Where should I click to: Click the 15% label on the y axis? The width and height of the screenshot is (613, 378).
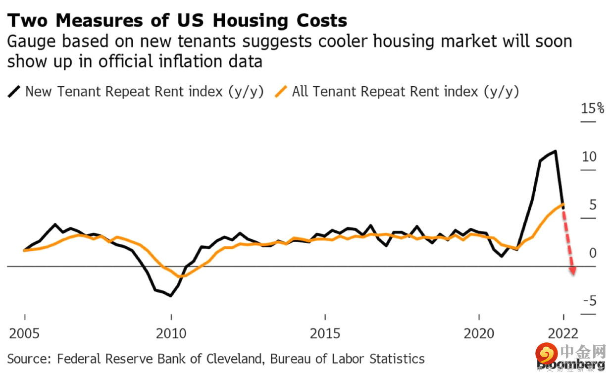click(x=593, y=108)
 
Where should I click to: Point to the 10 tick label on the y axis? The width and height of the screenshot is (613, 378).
click(x=589, y=157)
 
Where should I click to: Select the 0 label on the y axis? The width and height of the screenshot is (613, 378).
click(x=593, y=254)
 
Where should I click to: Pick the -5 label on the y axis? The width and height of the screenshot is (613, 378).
click(x=589, y=302)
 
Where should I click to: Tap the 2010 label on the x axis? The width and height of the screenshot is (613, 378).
click(x=171, y=333)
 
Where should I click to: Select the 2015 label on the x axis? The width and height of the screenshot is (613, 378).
click(x=325, y=333)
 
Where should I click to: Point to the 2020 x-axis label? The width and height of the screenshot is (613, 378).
click(x=479, y=333)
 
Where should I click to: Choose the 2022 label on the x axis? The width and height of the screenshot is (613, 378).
click(x=564, y=333)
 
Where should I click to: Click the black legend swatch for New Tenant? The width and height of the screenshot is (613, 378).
click(x=14, y=92)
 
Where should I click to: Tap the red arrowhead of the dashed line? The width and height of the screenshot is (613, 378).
click(x=573, y=271)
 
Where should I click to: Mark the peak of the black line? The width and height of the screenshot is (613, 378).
click(x=556, y=151)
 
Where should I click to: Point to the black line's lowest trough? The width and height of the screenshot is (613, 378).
click(x=171, y=296)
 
